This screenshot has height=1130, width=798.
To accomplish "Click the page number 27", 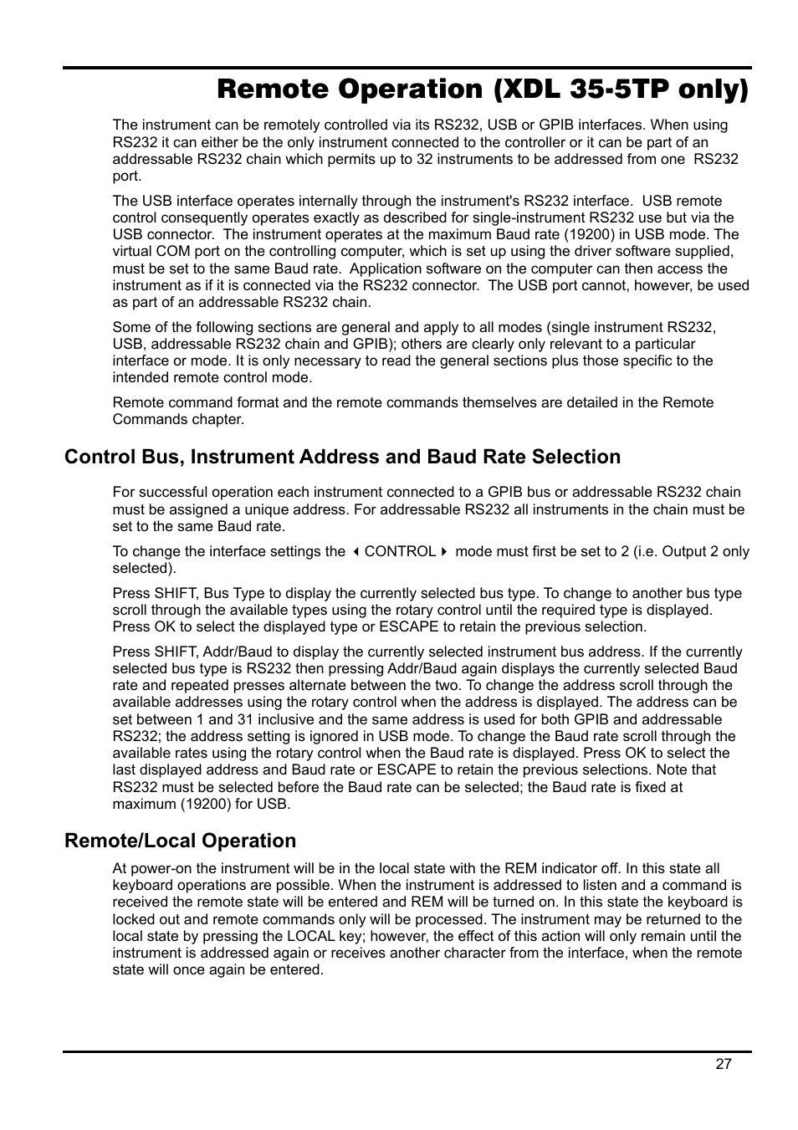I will pos(723,1064).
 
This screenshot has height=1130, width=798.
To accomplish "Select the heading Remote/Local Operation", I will pos(180,841).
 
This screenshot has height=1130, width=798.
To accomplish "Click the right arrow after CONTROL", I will pos(444,552).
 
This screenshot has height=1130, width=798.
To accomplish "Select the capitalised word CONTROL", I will pos(400,551).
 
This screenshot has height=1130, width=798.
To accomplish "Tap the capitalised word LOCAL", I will pos(310,936).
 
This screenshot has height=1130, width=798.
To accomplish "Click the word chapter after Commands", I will pos(217,419).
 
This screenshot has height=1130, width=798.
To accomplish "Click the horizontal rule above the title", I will pos(407,68).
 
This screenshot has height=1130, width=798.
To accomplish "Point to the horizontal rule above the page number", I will pos(407,1051).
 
